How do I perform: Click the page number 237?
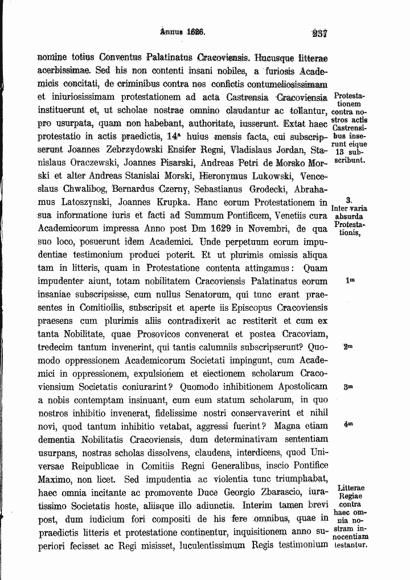pyautogui.click(x=319, y=33)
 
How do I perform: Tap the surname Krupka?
pyautogui.click(x=172, y=202)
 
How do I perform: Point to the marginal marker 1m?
pyautogui.click(x=350, y=281)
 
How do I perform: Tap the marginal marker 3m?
pyautogui.click(x=349, y=386)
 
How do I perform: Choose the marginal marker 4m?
pyautogui.click(x=349, y=425)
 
